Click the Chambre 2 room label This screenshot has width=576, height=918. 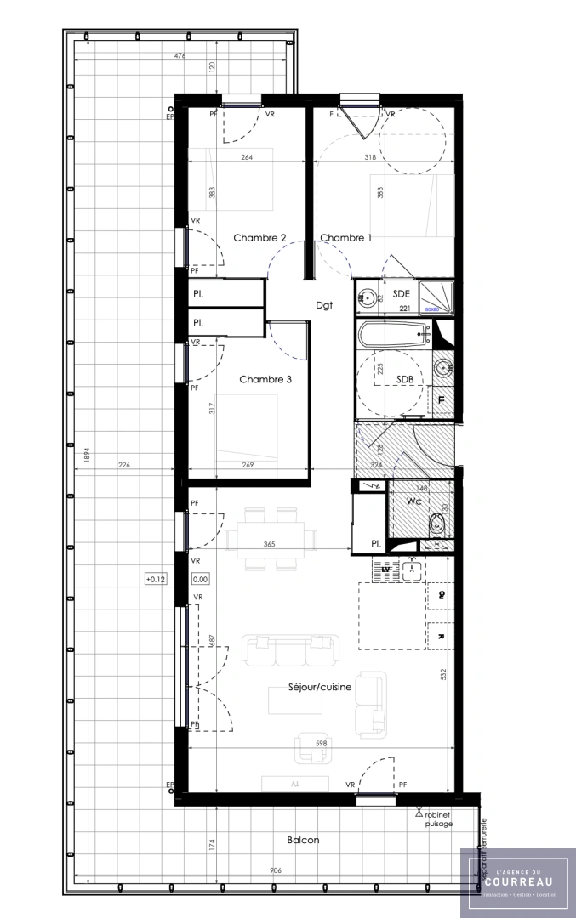(259, 238)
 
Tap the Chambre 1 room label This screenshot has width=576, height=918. (345, 238)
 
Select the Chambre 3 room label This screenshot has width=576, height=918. (265, 379)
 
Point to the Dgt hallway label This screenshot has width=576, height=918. (323, 305)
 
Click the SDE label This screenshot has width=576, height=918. (403, 293)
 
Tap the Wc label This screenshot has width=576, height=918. (413, 501)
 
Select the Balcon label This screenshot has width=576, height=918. (303, 840)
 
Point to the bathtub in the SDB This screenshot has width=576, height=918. (393, 335)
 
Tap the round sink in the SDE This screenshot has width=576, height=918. (367, 297)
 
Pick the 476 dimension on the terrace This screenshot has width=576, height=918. (180, 56)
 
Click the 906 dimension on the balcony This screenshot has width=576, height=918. (276, 870)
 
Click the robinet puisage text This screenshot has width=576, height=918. (439, 818)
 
